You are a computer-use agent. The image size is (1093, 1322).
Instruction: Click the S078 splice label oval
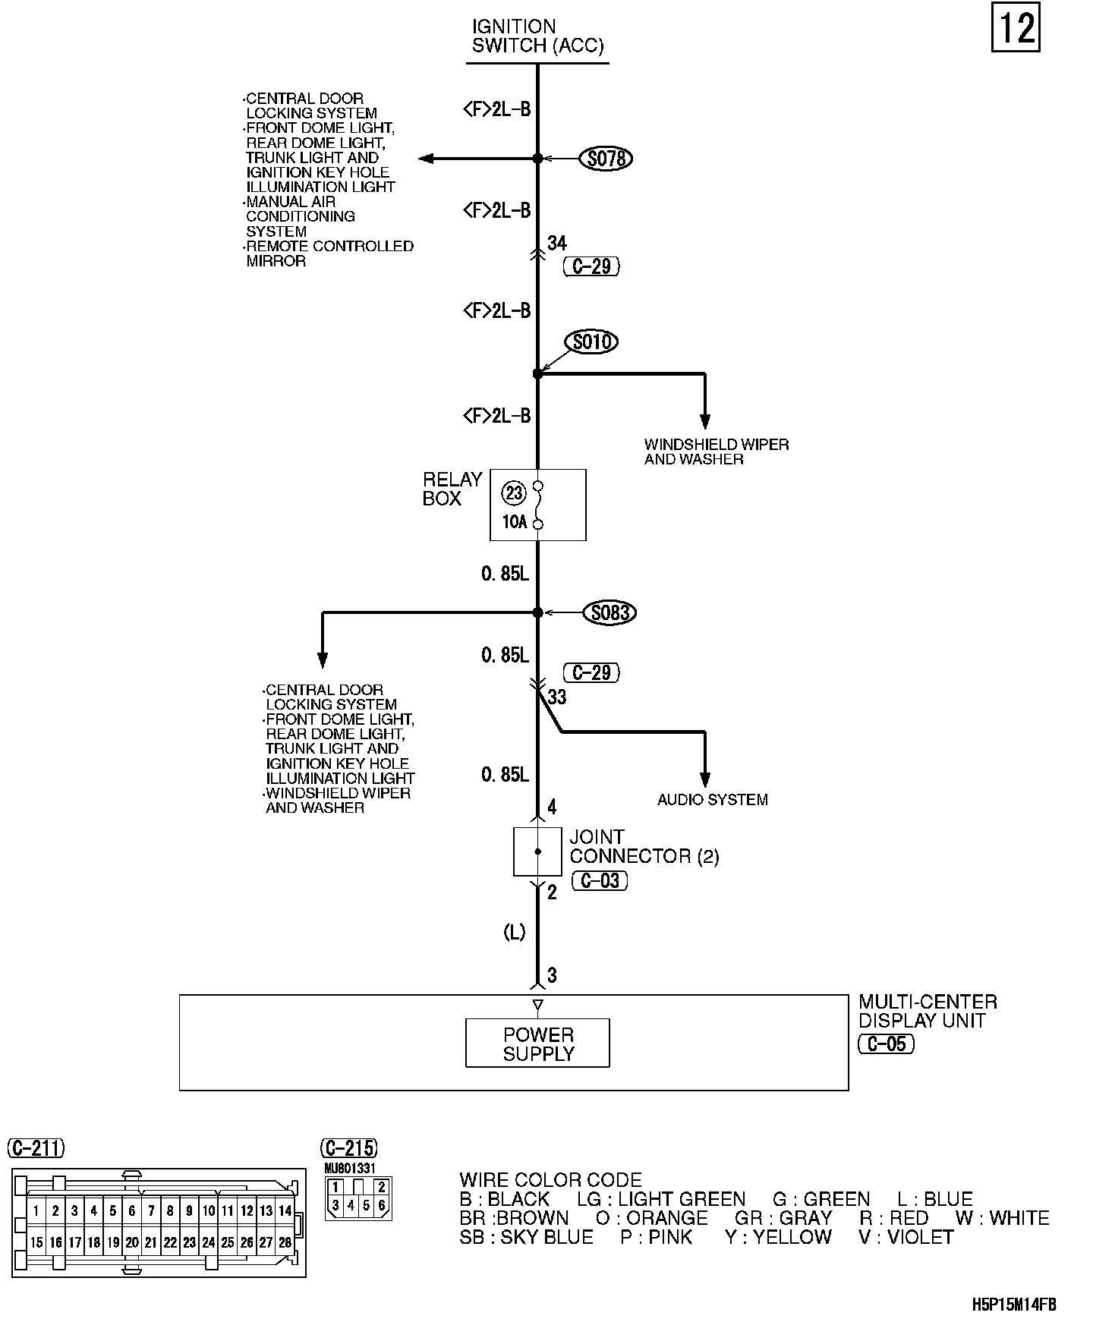pos(606,159)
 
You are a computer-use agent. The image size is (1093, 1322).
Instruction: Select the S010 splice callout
pos(592,342)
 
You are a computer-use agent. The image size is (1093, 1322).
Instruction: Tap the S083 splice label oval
pos(609,612)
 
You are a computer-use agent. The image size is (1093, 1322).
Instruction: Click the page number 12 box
pos(1015,29)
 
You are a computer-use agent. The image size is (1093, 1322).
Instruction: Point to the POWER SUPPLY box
pos(537,1043)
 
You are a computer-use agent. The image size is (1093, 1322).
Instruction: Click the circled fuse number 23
pos(514,493)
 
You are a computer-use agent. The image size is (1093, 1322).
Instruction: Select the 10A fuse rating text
pos(514,522)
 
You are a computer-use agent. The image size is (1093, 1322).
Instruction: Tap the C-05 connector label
pos(886,1044)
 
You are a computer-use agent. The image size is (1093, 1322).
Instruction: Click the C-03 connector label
pos(600,880)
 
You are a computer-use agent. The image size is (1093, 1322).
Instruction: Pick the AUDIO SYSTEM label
pos(712,799)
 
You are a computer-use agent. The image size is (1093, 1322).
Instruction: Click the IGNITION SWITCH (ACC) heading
pos(537,36)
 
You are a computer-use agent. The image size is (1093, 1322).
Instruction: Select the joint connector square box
pos(537,851)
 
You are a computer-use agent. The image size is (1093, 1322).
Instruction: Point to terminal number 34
pos(557,243)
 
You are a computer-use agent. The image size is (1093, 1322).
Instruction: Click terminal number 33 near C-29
pos(557,697)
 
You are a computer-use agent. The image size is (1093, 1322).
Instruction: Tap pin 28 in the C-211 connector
pos(285,1242)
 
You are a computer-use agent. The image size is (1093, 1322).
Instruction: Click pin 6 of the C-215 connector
pos(381,1204)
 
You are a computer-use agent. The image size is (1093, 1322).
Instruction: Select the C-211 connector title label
pos(36,1148)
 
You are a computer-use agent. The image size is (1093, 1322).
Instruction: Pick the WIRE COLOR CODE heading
pos(550,1180)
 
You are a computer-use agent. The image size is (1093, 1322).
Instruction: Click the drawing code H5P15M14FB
pos(1013,1305)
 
